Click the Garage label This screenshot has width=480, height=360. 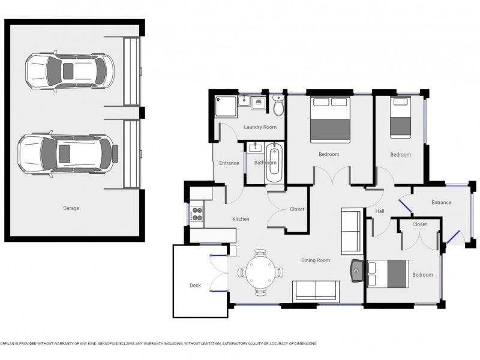point(71,208)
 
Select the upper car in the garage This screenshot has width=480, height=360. point(69,70)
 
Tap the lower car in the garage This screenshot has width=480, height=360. point(66,152)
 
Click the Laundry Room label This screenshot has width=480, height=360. point(260,127)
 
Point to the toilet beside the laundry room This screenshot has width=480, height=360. point(278,106)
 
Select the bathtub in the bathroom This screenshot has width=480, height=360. point(273,163)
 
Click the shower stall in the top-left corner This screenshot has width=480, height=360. point(226,107)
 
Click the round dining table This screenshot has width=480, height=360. point(260,272)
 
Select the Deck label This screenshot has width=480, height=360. point(195,285)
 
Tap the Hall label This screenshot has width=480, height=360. point(380,211)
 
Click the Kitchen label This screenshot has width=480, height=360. point(241,219)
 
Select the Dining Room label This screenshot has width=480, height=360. point(316,260)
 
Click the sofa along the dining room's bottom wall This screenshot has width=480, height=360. point(316,290)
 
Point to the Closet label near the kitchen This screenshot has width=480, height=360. point(297,209)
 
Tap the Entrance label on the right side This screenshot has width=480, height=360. point(441,202)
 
